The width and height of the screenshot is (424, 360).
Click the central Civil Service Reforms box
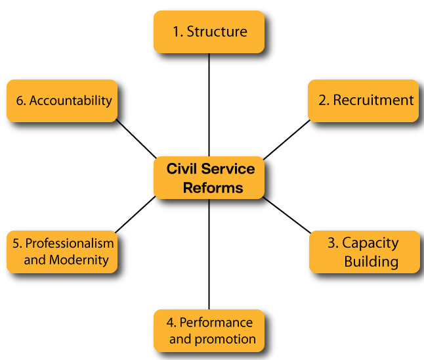[209, 177]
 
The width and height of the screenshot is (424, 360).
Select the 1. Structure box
[209, 32]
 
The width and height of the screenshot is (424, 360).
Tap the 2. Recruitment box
[363, 101]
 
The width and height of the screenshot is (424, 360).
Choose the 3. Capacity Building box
[364, 252]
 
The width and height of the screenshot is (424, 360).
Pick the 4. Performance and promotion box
[209, 330]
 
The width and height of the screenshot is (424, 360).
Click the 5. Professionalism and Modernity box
[62, 251]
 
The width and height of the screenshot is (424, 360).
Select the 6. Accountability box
[62, 101]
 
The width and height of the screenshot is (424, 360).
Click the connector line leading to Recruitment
[286, 139]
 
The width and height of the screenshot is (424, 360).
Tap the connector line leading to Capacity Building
[286, 215]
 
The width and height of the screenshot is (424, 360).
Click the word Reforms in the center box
[213, 188]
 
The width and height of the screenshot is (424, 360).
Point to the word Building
[371, 261]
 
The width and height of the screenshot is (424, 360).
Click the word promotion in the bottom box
[228, 339]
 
